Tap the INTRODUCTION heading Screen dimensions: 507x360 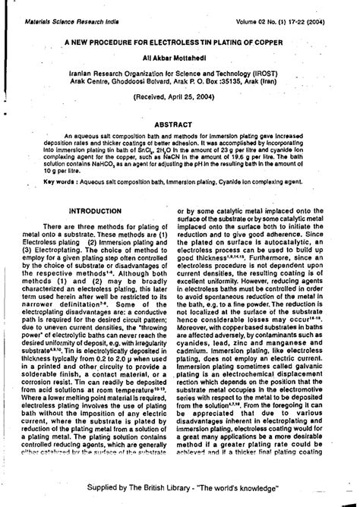pos(95,209)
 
